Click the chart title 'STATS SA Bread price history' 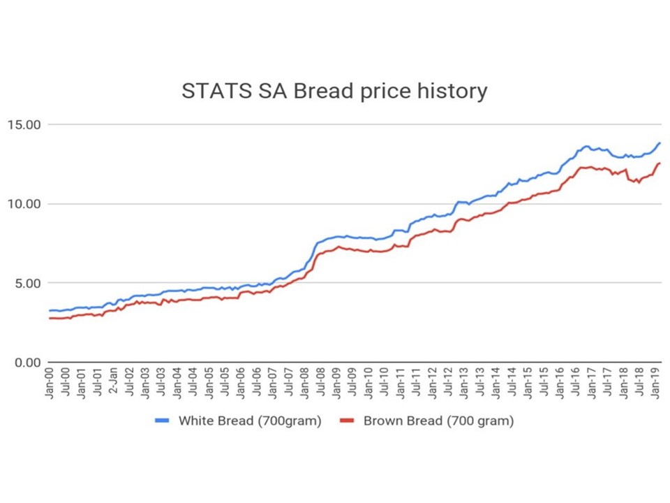(334, 92)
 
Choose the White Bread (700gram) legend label (250, 421)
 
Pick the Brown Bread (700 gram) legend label (438, 421)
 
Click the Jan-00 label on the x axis (50, 383)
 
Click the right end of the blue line (660, 143)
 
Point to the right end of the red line (660, 163)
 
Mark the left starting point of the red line (50, 319)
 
